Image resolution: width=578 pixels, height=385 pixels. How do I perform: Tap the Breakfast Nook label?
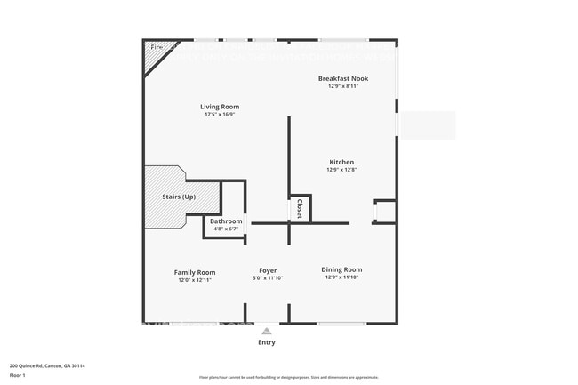pos(343,78)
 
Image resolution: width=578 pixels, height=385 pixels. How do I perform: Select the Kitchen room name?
pos(341,163)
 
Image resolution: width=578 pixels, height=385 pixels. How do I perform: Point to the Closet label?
pos(300,209)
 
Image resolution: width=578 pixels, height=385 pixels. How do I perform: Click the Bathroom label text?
pos(226,221)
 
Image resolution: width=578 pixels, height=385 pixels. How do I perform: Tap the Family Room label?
pos(195,272)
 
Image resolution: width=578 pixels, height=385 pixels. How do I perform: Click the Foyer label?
pos(268,270)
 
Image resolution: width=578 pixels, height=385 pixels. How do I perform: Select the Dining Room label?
pos(341,269)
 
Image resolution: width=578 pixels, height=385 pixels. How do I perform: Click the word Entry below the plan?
pos(267,342)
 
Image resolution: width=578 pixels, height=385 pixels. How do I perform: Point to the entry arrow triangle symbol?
pos(266,330)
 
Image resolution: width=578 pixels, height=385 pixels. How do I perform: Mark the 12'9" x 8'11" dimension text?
pos(343,86)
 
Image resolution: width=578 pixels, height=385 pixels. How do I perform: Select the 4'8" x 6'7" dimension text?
pos(226,229)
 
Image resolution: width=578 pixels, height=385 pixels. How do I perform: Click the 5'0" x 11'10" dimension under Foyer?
pos(268,278)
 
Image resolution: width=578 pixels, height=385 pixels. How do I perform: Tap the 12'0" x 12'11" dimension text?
pos(195,280)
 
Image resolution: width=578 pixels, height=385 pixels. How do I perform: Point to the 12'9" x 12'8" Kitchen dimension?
pos(341,170)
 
